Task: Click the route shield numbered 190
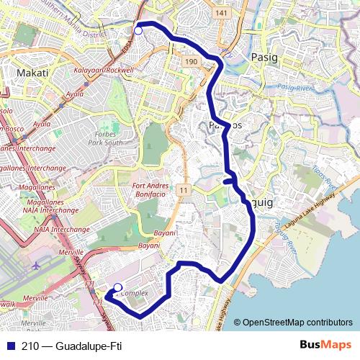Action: point(191,63)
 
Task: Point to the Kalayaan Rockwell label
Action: point(104,71)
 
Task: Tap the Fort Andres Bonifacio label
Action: point(150,190)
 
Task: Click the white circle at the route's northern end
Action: point(138,30)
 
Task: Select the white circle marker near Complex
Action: point(118,287)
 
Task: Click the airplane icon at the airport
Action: point(35,266)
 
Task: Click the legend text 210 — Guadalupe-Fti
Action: point(72,346)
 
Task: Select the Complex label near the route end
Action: point(134,294)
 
